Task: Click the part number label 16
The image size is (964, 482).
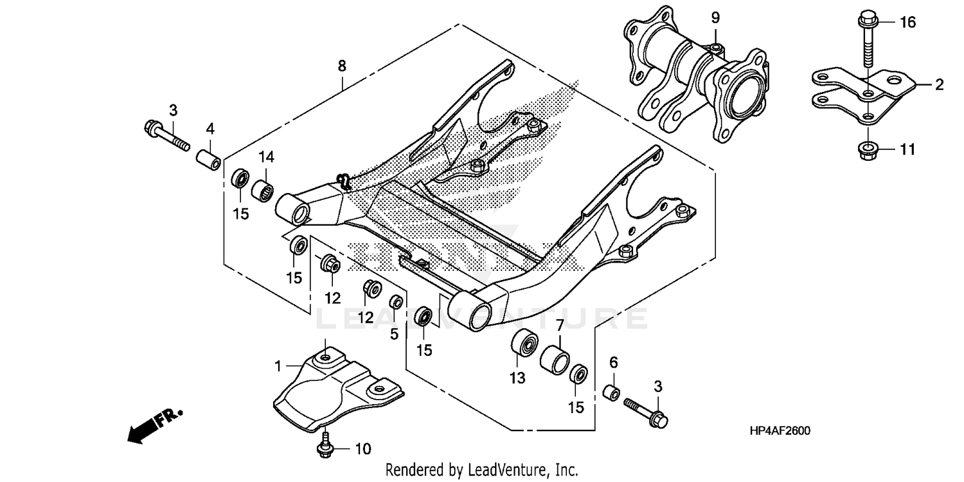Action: point(907,23)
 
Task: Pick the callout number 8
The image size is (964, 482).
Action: point(342,66)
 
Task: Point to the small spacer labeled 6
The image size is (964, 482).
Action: point(613,393)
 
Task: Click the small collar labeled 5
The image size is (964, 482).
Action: point(397,301)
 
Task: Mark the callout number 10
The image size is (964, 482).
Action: point(363,449)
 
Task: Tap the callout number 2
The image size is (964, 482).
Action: point(939,85)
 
